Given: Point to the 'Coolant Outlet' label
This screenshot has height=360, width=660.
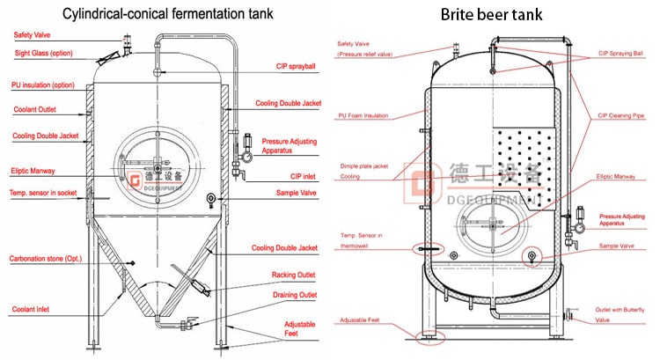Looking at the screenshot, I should click(x=34, y=110).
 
